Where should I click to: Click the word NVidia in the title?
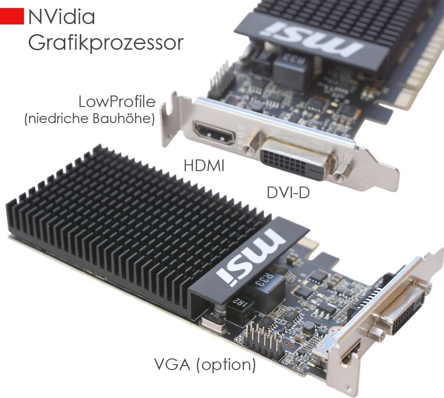pos(62,17)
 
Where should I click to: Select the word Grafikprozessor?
pos(106,44)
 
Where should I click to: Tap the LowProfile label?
pos(117,102)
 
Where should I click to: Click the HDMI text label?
pos(204,165)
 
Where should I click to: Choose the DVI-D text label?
pos(288,193)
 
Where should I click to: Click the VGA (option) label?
pos(205,365)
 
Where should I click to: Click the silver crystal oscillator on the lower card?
pos(213,324)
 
